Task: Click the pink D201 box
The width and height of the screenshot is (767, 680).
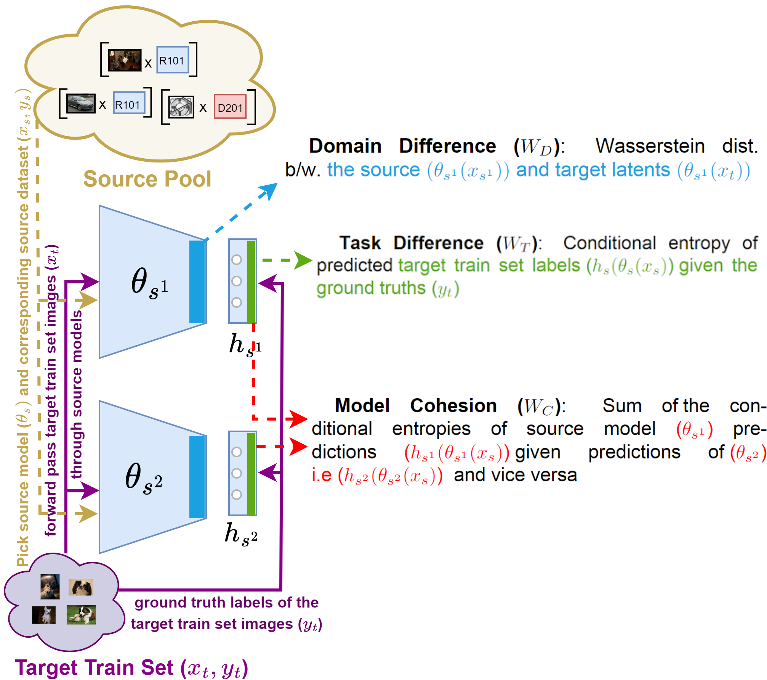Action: click(230, 107)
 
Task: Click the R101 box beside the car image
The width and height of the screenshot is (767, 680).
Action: click(129, 103)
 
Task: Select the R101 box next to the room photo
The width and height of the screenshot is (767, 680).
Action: click(173, 60)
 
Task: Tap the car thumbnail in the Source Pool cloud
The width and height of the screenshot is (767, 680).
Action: click(80, 103)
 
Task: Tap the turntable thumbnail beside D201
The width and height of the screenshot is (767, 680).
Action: click(181, 107)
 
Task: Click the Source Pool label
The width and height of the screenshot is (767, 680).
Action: click(147, 179)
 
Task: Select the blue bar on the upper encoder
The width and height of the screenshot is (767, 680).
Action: click(197, 282)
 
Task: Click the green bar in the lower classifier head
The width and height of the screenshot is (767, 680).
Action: click(251, 473)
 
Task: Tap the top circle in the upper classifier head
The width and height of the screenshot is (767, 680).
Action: click(237, 260)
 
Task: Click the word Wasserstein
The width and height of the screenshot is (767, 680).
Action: click(650, 146)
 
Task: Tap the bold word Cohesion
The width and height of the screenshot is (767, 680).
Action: click(453, 406)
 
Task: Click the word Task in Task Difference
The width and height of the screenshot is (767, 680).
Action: click(360, 243)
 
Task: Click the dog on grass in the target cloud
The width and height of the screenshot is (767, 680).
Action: click(81, 614)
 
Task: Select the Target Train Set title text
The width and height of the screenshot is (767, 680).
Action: click(131, 668)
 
